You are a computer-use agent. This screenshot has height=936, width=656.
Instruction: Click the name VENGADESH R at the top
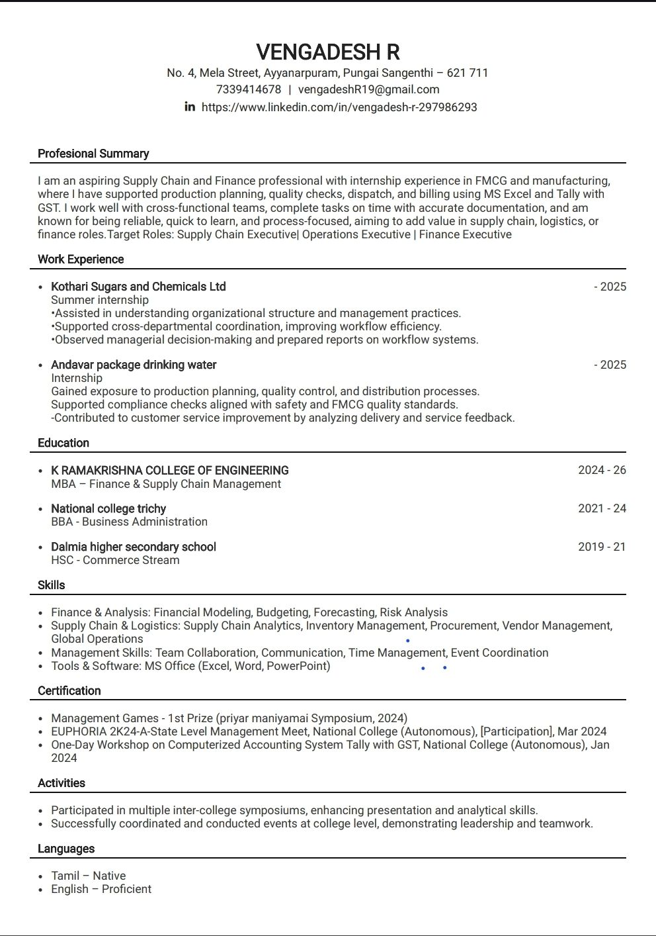(327, 52)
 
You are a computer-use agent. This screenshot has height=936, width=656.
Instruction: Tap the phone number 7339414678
(248, 89)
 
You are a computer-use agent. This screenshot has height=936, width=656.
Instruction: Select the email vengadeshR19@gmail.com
(368, 89)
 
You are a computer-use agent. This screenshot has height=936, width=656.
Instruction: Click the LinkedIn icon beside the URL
(190, 107)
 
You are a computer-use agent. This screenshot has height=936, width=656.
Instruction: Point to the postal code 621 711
(468, 73)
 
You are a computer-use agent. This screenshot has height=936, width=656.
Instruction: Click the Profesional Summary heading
(93, 154)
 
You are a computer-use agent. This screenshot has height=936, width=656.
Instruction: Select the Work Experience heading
(81, 259)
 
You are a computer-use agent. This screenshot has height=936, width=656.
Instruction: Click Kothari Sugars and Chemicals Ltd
(138, 287)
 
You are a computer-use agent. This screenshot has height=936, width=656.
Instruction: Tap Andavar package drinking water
(134, 365)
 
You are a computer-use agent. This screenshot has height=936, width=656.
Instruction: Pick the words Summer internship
(100, 300)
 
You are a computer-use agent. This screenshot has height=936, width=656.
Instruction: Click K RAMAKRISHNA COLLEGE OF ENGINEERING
(170, 471)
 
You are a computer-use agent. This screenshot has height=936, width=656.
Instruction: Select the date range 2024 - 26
(602, 471)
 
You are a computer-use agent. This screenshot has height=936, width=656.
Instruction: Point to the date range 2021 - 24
(602, 508)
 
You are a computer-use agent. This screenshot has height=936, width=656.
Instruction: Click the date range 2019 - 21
(602, 547)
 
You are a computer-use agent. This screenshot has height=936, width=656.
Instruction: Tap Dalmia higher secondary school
(134, 547)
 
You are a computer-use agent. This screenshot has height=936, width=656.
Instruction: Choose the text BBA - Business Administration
(129, 522)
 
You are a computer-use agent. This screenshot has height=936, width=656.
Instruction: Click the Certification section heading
(69, 690)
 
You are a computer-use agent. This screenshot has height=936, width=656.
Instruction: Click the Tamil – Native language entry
(88, 876)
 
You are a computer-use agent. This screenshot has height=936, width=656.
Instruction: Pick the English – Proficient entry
(101, 889)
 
